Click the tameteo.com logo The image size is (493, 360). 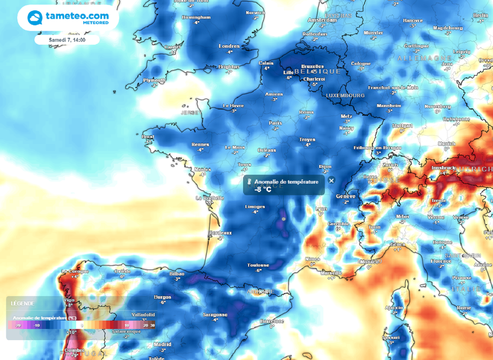point(68,18)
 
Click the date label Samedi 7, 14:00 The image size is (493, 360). point(67,40)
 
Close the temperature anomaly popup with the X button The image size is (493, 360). point(331,180)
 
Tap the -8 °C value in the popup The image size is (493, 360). point(263,189)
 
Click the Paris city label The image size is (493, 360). point(275,123)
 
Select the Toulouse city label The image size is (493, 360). point(258,265)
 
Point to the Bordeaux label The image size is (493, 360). point(221,233)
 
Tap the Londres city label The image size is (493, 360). point(229,46)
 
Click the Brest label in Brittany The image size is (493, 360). point(148,137)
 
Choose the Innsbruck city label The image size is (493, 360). point(443,168)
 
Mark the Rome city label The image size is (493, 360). point(464,307)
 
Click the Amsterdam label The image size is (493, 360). point(322,20)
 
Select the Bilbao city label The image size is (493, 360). point(177,273)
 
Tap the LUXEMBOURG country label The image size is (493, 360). point(345,95)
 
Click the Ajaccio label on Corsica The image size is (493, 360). point(394,307)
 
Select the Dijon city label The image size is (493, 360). point(325,166)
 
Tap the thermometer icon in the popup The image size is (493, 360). point(249,182)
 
